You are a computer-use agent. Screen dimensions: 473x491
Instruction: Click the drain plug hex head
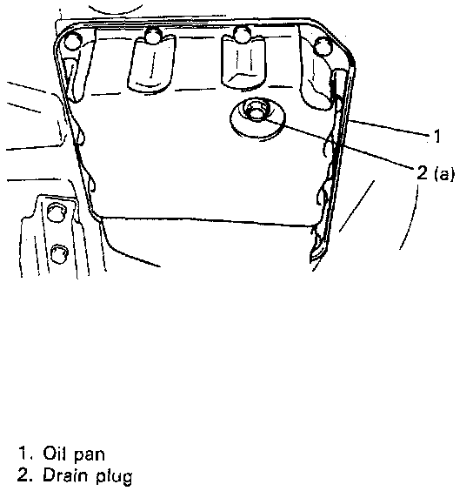coord(256,111)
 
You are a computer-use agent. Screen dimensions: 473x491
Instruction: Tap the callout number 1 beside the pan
coord(437,136)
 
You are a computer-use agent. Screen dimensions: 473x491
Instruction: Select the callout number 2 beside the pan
coord(422,172)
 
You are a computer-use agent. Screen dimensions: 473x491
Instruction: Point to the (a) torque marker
coord(444,174)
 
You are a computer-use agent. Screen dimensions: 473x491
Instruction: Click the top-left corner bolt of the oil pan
coord(73,41)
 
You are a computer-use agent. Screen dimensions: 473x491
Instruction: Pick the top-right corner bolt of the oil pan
coord(323,47)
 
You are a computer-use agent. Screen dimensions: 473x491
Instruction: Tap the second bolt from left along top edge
coord(152,35)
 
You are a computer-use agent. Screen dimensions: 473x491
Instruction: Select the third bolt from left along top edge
coord(242,34)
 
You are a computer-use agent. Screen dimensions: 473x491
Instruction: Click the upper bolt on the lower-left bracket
coord(56,212)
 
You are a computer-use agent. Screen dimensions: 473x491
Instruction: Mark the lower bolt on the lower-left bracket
coord(58,253)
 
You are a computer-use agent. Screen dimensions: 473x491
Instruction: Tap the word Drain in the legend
coord(64,475)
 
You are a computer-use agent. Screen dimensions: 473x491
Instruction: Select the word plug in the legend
coord(114,477)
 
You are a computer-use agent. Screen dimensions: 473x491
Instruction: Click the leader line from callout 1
coord(390,128)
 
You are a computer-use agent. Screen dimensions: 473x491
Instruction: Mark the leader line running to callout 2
coord(339,144)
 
